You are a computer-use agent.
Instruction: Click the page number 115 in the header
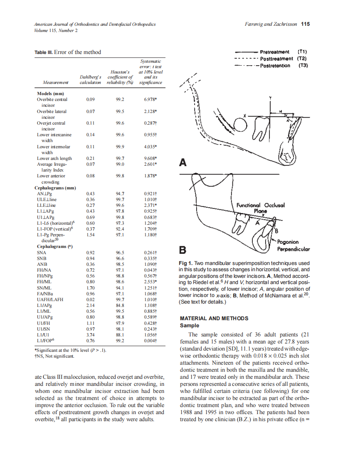click(x=305, y=24)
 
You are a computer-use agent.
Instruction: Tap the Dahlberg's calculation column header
click(x=90, y=80)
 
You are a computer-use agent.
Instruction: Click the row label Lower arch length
click(x=54, y=158)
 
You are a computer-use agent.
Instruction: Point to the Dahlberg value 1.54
click(x=90, y=235)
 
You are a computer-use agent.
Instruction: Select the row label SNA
click(x=42, y=253)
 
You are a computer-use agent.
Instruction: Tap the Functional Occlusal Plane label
click(x=260, y=208)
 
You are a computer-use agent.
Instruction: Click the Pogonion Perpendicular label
click(x=293, y=245)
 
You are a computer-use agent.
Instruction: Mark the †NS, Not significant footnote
click(x=55, y=356)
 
